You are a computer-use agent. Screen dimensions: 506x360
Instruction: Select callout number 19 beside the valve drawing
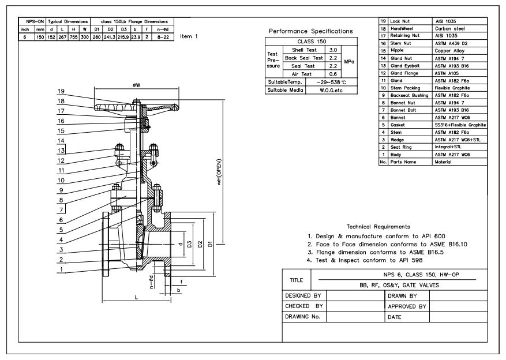[61, 91]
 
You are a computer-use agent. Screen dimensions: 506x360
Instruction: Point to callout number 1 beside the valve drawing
[61, 269]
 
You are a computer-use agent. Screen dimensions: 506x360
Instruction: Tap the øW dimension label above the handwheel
[137, 85]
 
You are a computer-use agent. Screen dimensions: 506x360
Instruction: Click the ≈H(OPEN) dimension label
[219, 171]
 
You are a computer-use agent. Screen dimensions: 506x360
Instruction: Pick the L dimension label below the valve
[136, 297]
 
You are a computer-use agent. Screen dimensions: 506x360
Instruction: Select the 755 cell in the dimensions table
[74, 37]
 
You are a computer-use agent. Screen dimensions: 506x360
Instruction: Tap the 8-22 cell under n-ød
[163, 37]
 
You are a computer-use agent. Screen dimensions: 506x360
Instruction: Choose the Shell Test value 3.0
[333, 50]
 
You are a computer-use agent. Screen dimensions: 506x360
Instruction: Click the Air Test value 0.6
[333, 74]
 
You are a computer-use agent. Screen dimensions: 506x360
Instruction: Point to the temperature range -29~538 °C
[331, 82]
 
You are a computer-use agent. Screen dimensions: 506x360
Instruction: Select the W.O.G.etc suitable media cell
[331, 91]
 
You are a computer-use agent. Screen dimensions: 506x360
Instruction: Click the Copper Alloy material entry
[449, 51]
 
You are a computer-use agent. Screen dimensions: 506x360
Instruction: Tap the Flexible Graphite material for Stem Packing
[452, 88]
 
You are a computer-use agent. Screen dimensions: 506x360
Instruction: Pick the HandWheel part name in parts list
[402, 28]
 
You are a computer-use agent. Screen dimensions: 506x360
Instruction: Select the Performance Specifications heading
[311, 31]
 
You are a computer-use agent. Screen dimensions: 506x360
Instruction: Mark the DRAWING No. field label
[302, 317]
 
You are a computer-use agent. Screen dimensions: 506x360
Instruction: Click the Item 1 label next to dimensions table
[189, 36]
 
